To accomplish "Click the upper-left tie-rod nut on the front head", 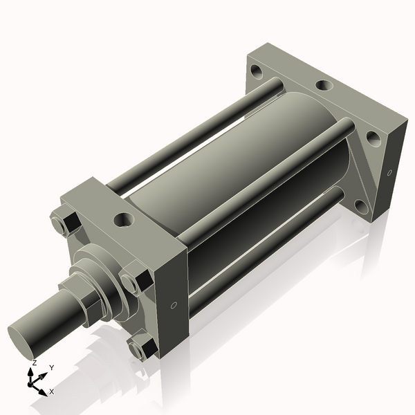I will click(x=66, y=225).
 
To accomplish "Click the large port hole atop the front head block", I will click(x=124, y=220).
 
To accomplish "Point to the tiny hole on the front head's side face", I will click(x=174, y=305).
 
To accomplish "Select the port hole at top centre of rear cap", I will click(x=324, y=86).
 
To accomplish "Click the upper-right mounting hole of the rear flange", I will click(x=373, y=138).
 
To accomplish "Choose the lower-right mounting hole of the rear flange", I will click(x=361, y=205).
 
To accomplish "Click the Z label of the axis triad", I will click(x=35, y=363).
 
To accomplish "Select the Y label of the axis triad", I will click(x=52, y=368).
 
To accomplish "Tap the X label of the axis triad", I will click(x=52, y=391).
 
